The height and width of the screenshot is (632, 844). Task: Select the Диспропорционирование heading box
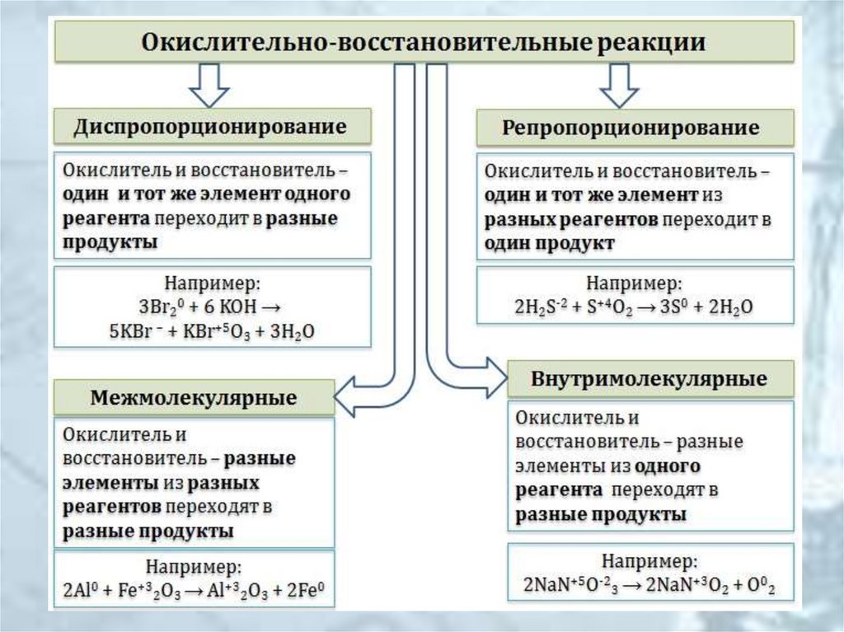point(211,128)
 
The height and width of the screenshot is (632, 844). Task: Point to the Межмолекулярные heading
point(194,398)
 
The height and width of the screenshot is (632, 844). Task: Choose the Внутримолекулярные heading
point(649,380)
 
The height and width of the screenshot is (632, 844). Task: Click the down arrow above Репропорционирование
point(620,86)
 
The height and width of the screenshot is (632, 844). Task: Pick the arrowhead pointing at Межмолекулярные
point(348,397)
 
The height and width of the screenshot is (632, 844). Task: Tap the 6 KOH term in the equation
point(230,307)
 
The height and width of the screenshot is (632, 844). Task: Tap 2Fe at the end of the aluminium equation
point(302,591)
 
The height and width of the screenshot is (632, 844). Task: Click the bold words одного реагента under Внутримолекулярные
point(610,478)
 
